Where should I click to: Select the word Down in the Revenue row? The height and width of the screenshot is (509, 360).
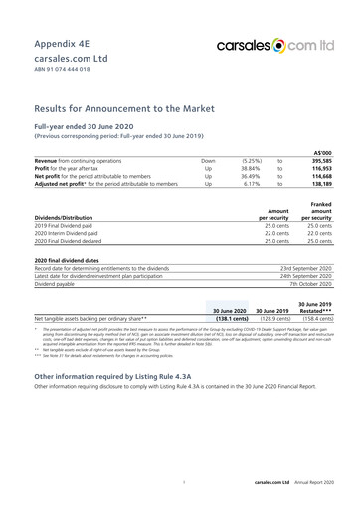(207, 159)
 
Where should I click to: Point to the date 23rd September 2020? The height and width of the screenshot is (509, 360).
(306, 268)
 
